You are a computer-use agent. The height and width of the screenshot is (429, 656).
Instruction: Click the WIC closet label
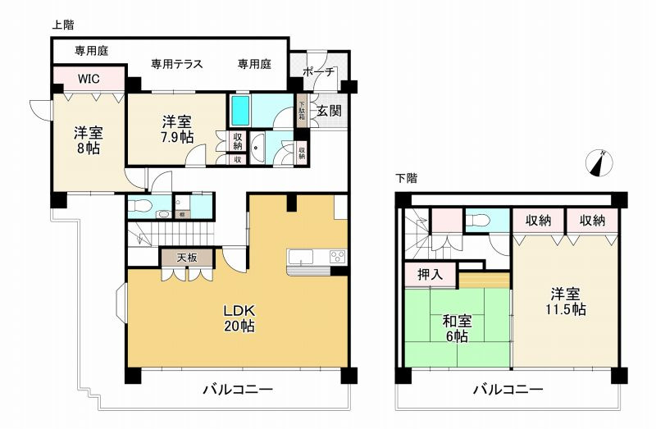(x=90, y=79)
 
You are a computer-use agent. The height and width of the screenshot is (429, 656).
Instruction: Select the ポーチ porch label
(x=319, y=72)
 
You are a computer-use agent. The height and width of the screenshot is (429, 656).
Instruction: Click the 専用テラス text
(x=177, y=64)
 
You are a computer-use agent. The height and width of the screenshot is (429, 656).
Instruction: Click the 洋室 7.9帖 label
(x=178, y=130)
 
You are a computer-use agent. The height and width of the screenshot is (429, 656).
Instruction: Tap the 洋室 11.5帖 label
(x=567, y=301)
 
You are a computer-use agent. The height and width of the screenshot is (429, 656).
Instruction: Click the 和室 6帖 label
(x=456, y=328)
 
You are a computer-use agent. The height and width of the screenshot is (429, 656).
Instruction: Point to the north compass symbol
(x=601, y=162)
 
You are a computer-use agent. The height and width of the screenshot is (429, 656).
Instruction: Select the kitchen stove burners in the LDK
(x=338, y=258)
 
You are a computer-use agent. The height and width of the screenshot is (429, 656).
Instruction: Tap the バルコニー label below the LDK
(x=239, y=389)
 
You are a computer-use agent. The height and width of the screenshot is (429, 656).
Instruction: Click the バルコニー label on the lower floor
(x=508, y=389)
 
